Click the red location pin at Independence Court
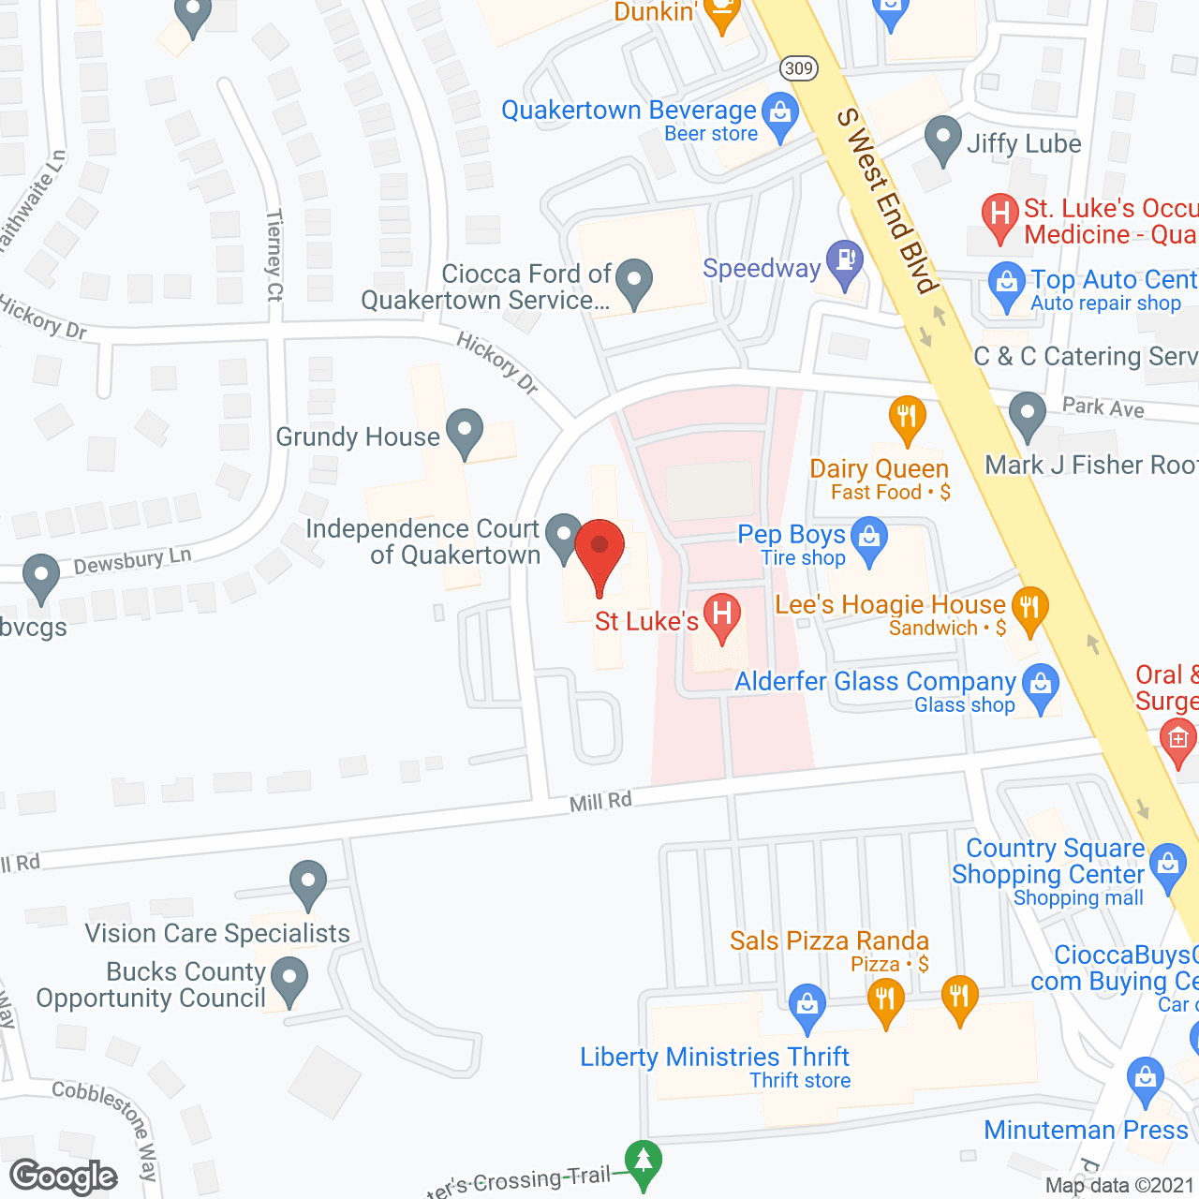(x=599, y=553)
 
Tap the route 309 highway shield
(x=799, y=68)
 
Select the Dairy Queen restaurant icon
(x=907, y=417)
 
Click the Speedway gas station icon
(x=845, y=261)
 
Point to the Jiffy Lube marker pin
(x=943, y=140)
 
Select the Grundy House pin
(x=465, y=432)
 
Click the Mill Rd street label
(x=600, y=802)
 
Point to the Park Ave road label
(x=1103, y=407)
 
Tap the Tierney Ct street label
(x=274, y=255)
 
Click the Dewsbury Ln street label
(x=133, y=561)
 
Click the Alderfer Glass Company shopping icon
(x=1041, y=686)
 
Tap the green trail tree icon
(x=643, y=1162)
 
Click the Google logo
(x=64, y=1177)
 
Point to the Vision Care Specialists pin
(x=308, y=882)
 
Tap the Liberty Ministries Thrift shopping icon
(x=807, y=1006)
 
